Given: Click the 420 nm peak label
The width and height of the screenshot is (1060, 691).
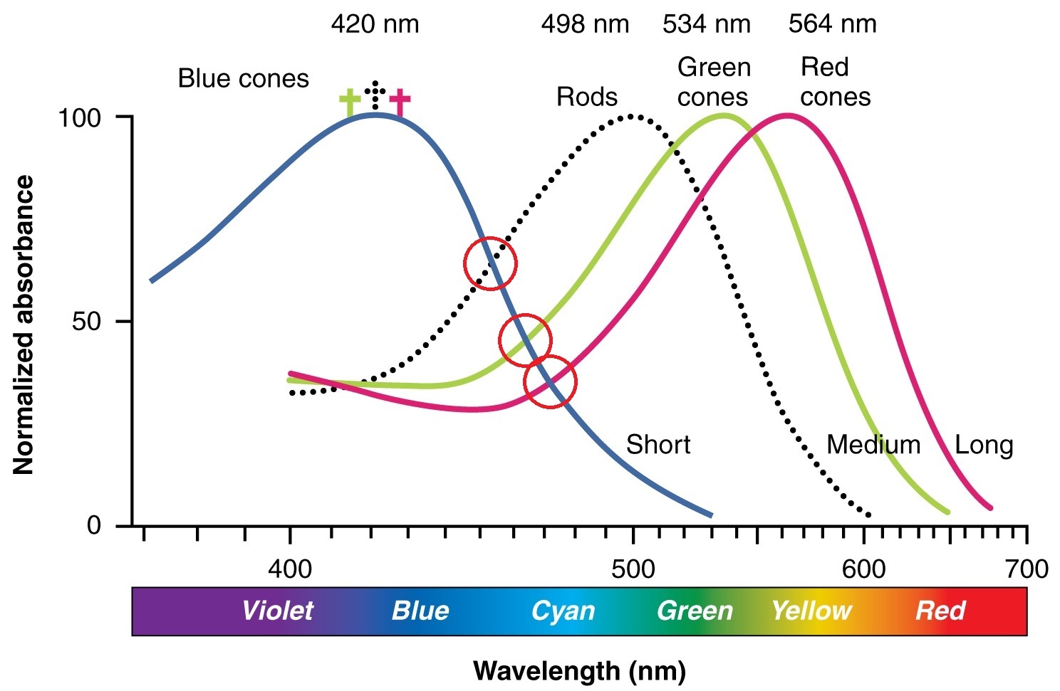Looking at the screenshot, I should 375,24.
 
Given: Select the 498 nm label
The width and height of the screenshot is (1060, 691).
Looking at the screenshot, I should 585,24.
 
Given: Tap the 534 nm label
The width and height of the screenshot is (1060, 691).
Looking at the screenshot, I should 706,24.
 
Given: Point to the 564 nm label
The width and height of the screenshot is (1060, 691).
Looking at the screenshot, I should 832,24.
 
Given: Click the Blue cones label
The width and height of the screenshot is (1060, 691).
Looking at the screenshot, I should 243,78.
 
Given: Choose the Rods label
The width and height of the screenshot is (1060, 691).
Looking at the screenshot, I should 586,97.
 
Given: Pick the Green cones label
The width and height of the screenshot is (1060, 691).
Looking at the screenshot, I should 713,82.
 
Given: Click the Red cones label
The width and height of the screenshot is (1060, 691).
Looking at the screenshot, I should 834,82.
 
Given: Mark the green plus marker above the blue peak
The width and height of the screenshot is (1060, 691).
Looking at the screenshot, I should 349,102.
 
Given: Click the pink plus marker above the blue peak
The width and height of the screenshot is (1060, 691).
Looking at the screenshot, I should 400,102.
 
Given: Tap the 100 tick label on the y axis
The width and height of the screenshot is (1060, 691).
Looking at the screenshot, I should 79,117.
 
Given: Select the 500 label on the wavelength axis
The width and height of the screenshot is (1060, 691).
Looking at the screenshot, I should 633,569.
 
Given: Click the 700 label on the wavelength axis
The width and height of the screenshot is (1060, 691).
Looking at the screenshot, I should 1027,569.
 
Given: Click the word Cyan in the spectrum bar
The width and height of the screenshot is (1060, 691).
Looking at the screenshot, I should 563,611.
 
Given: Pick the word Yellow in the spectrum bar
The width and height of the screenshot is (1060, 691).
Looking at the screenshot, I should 811,611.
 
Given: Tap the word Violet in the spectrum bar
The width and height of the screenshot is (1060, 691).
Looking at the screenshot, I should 277,611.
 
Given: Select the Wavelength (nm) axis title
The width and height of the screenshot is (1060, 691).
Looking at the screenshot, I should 579,670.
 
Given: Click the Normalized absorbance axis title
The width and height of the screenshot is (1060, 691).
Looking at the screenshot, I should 24,325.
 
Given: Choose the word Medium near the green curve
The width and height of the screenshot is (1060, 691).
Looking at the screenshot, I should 873,445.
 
